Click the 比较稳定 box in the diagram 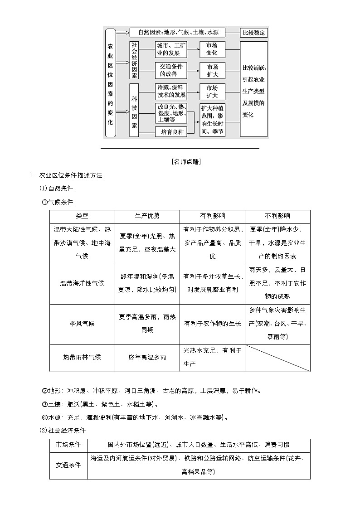point(254,33)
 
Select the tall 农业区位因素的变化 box point(111,82)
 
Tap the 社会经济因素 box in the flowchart point(134,60)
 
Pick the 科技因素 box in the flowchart point(134,110)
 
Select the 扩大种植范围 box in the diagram point(212,120)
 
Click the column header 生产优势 point(147,216)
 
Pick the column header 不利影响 point(277,216)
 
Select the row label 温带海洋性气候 point(82,283)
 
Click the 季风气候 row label point(82,324)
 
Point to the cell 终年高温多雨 point(147,358)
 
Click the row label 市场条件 point(68,445)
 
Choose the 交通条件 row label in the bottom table point(68,465)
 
